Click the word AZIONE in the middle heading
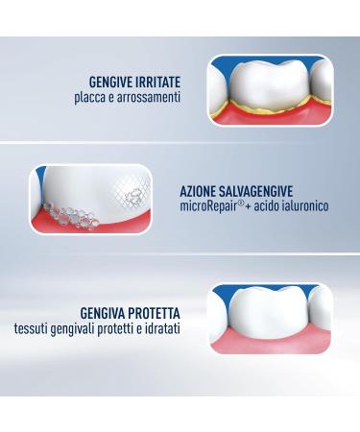tap(199, 190)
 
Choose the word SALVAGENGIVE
tap(255, 190)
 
